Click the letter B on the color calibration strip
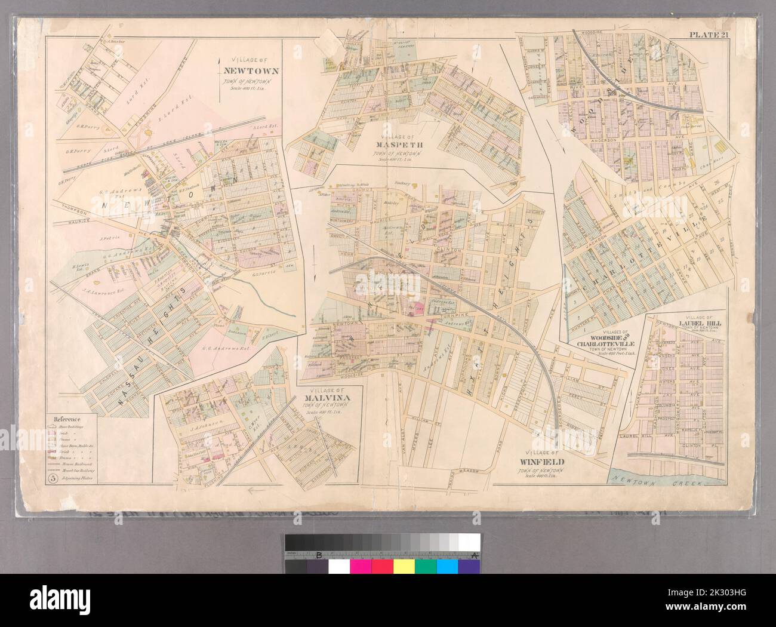(319, 556)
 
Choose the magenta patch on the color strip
(361, 565)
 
